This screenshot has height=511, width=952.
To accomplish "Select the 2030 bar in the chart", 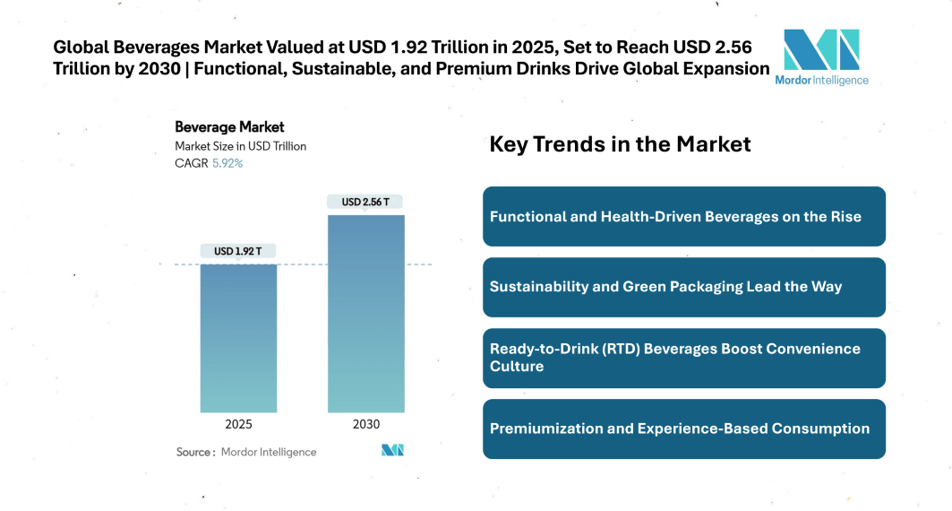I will pos(365,313).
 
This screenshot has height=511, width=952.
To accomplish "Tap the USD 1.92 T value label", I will pos(238,251).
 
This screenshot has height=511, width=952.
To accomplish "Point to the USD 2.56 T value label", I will pos(365,202).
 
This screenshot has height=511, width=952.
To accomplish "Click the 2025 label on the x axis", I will pos(238,424).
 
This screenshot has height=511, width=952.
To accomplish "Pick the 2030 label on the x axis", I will pos(365,424).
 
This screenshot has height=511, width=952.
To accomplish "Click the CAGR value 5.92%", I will pos(227,163).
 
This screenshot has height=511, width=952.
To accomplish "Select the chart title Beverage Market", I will pos(229,127).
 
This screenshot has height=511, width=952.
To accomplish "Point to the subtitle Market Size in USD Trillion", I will pos(240,146).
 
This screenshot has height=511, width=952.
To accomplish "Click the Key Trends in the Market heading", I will pos(620,144).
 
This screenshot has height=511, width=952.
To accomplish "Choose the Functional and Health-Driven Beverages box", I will pos(683,216).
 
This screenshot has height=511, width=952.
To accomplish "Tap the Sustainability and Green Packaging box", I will pos(683,287).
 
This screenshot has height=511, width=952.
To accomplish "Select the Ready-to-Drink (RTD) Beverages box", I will pos(683,358).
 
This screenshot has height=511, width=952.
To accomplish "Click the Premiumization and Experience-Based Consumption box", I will pos(683,429).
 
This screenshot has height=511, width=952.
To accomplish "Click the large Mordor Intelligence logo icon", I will pos(821,49).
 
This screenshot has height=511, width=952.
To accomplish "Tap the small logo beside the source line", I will pos(392,451).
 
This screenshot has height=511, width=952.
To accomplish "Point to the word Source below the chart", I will pos(194,452).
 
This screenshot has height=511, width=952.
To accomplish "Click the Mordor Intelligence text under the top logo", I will pos(821,80).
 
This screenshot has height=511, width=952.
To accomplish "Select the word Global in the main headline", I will pos(84,47).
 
